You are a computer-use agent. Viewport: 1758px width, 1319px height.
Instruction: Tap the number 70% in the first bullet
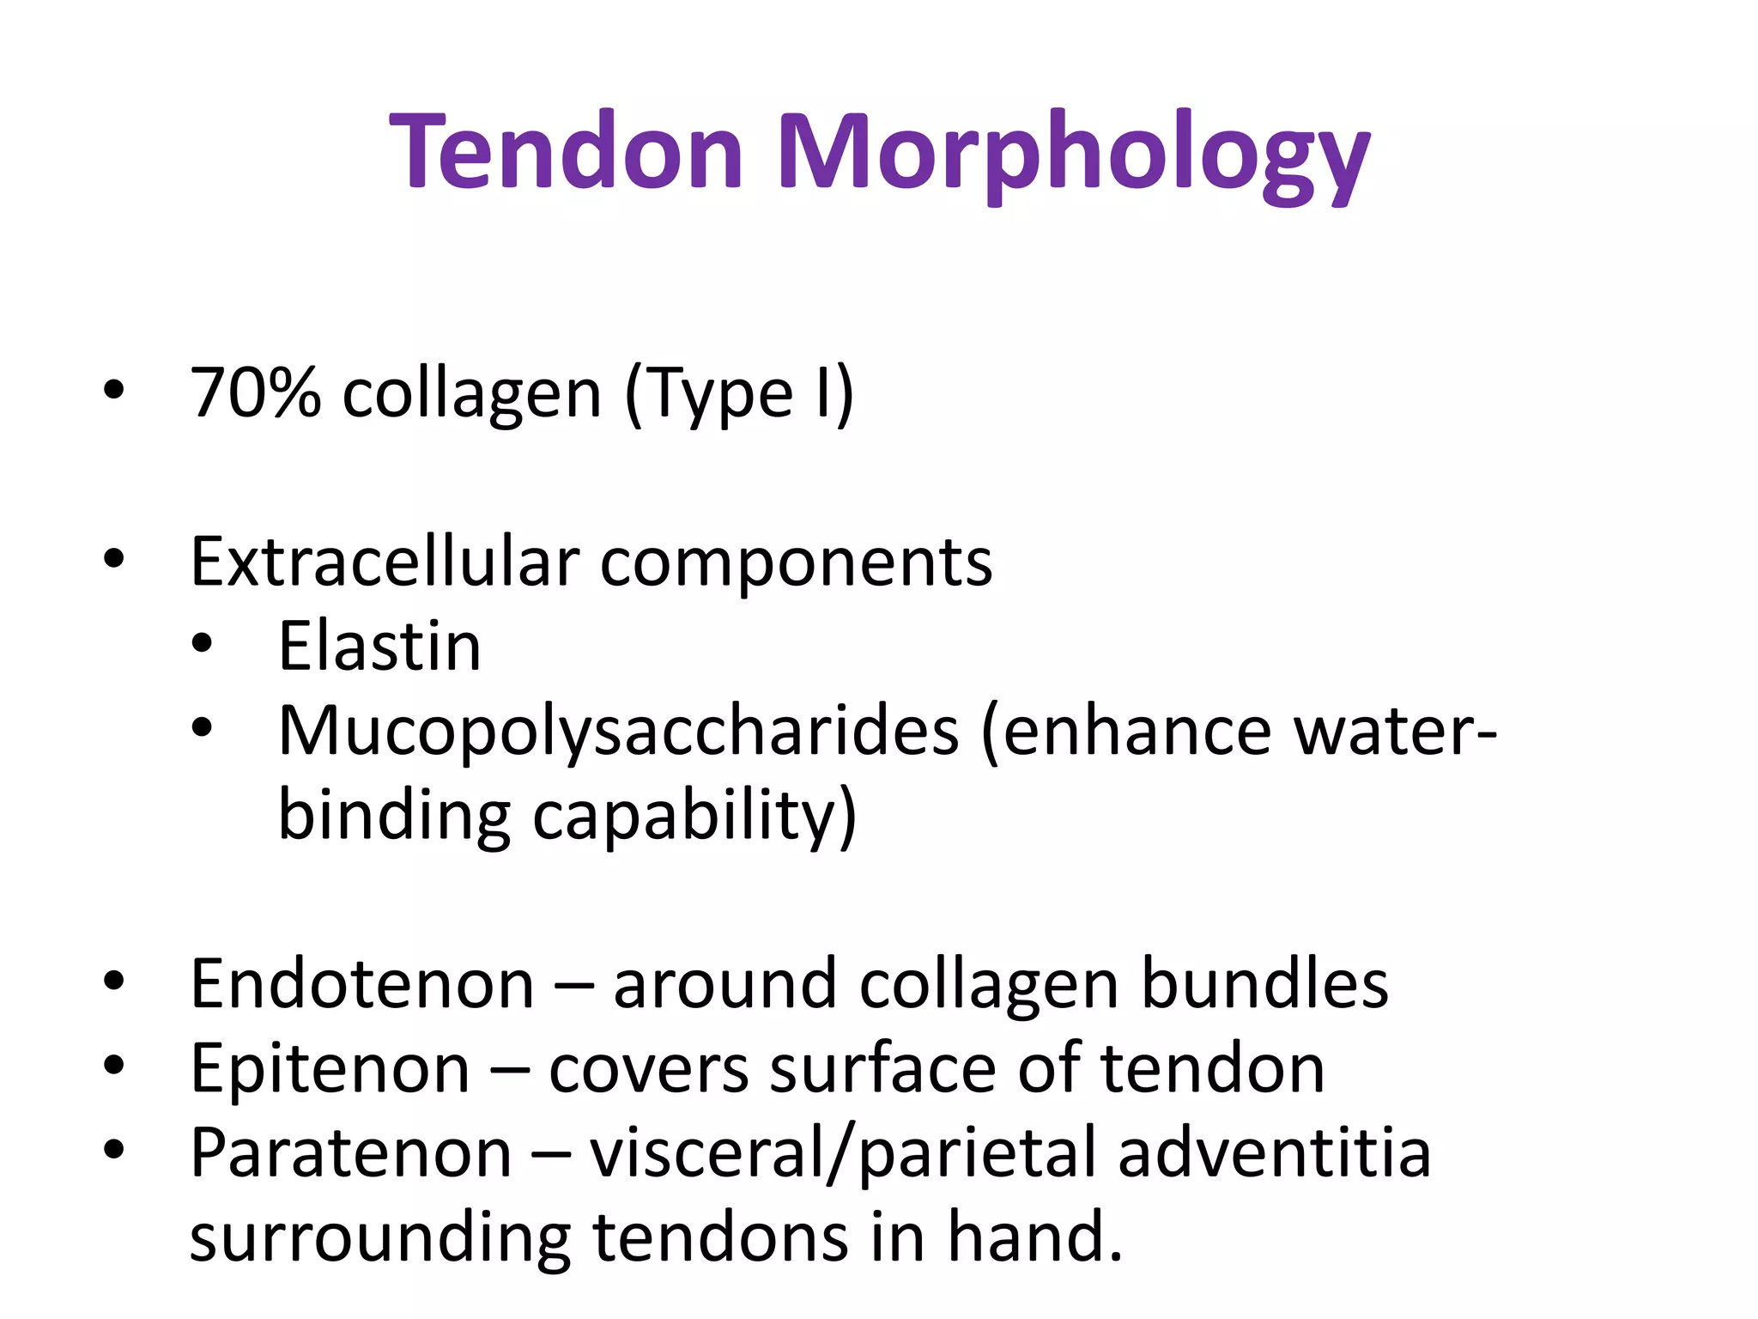pos(256,393)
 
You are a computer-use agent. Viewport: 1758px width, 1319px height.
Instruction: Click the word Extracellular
pos(385,562)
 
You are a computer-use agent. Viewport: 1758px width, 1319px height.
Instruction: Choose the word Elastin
pos(379,646)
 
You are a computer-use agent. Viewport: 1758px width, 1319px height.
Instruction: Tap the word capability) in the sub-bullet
pos(694,816)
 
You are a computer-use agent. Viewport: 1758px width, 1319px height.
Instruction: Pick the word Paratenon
pos(351,1153)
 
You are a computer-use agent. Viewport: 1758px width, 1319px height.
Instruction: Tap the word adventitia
pos(1275,1153)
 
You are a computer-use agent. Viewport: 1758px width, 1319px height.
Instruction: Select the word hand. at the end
pos(1035,1237)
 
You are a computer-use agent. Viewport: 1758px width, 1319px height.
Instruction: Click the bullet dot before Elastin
pos(202,645)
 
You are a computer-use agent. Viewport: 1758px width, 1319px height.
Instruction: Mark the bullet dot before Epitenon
pos(113,1065)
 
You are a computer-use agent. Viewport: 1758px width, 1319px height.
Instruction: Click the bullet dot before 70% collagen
pos(113,391)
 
